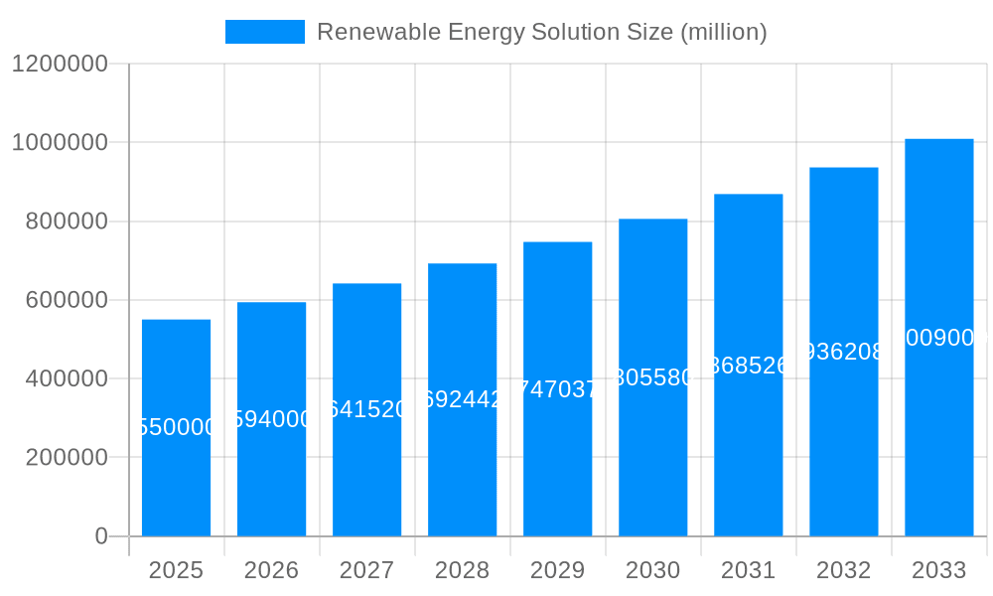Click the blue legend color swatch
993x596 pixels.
[265, 32]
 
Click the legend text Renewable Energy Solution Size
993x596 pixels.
[541, 32]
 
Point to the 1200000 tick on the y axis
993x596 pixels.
[60, 64]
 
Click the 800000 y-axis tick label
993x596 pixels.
[67, 222]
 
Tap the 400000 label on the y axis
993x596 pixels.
[67, 378]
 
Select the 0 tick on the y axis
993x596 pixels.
[100, 536]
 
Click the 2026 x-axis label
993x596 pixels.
[271, 570]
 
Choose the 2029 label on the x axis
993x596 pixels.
[557, 570]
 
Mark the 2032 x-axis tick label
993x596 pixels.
[843, 570]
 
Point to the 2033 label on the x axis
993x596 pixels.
[938, 570]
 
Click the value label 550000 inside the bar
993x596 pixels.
[176, 427]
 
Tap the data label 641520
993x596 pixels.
[366, 409]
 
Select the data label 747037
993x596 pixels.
[557, 389]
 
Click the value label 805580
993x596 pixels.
[652, 377]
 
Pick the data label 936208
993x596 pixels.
[843, 352]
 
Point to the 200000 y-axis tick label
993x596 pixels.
[67, 457]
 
